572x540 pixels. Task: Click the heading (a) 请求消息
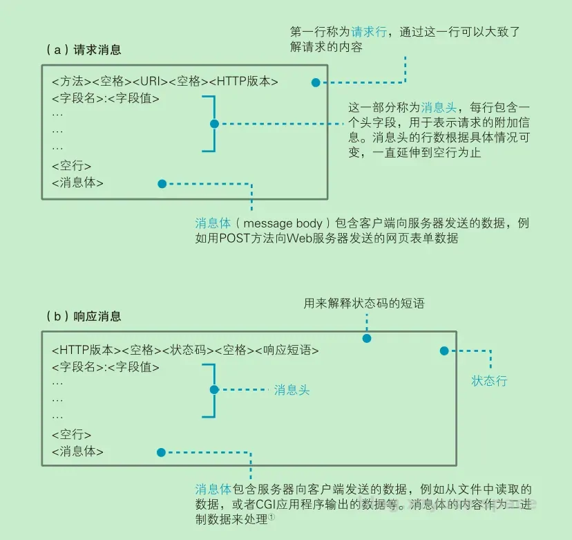pyautogui.click(x=83, y=50)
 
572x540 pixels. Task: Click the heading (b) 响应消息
pyautogui.click(x=83, y=317)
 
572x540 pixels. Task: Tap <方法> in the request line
pyautogui.click(x=70, y=82)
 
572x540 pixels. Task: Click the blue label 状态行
pyautogui.click(x=489, y=380)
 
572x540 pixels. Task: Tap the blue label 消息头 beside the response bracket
pyautogui.click(x=292, y=390)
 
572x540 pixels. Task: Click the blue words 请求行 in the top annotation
pyautogui.click(x=368, y=32)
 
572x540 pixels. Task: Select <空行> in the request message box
pyautogui.click(x=71, y=166)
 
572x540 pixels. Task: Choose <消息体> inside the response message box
pyautogui.click(x=77, y=452)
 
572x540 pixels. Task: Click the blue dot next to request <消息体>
pyautogui.click(x=162, y=184)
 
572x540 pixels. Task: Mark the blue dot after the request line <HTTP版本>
pyautogui.click(x=316, y=82)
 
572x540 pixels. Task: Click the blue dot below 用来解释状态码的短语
pyautogui.click(x=367, y=339)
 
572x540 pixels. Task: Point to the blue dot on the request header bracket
pyautogui.click(x=213, y=124)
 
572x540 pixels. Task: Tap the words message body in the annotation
pyautogui.click(x=283, y=223)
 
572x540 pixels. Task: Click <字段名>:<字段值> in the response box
pyautogui.click(x=106, y=367)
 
